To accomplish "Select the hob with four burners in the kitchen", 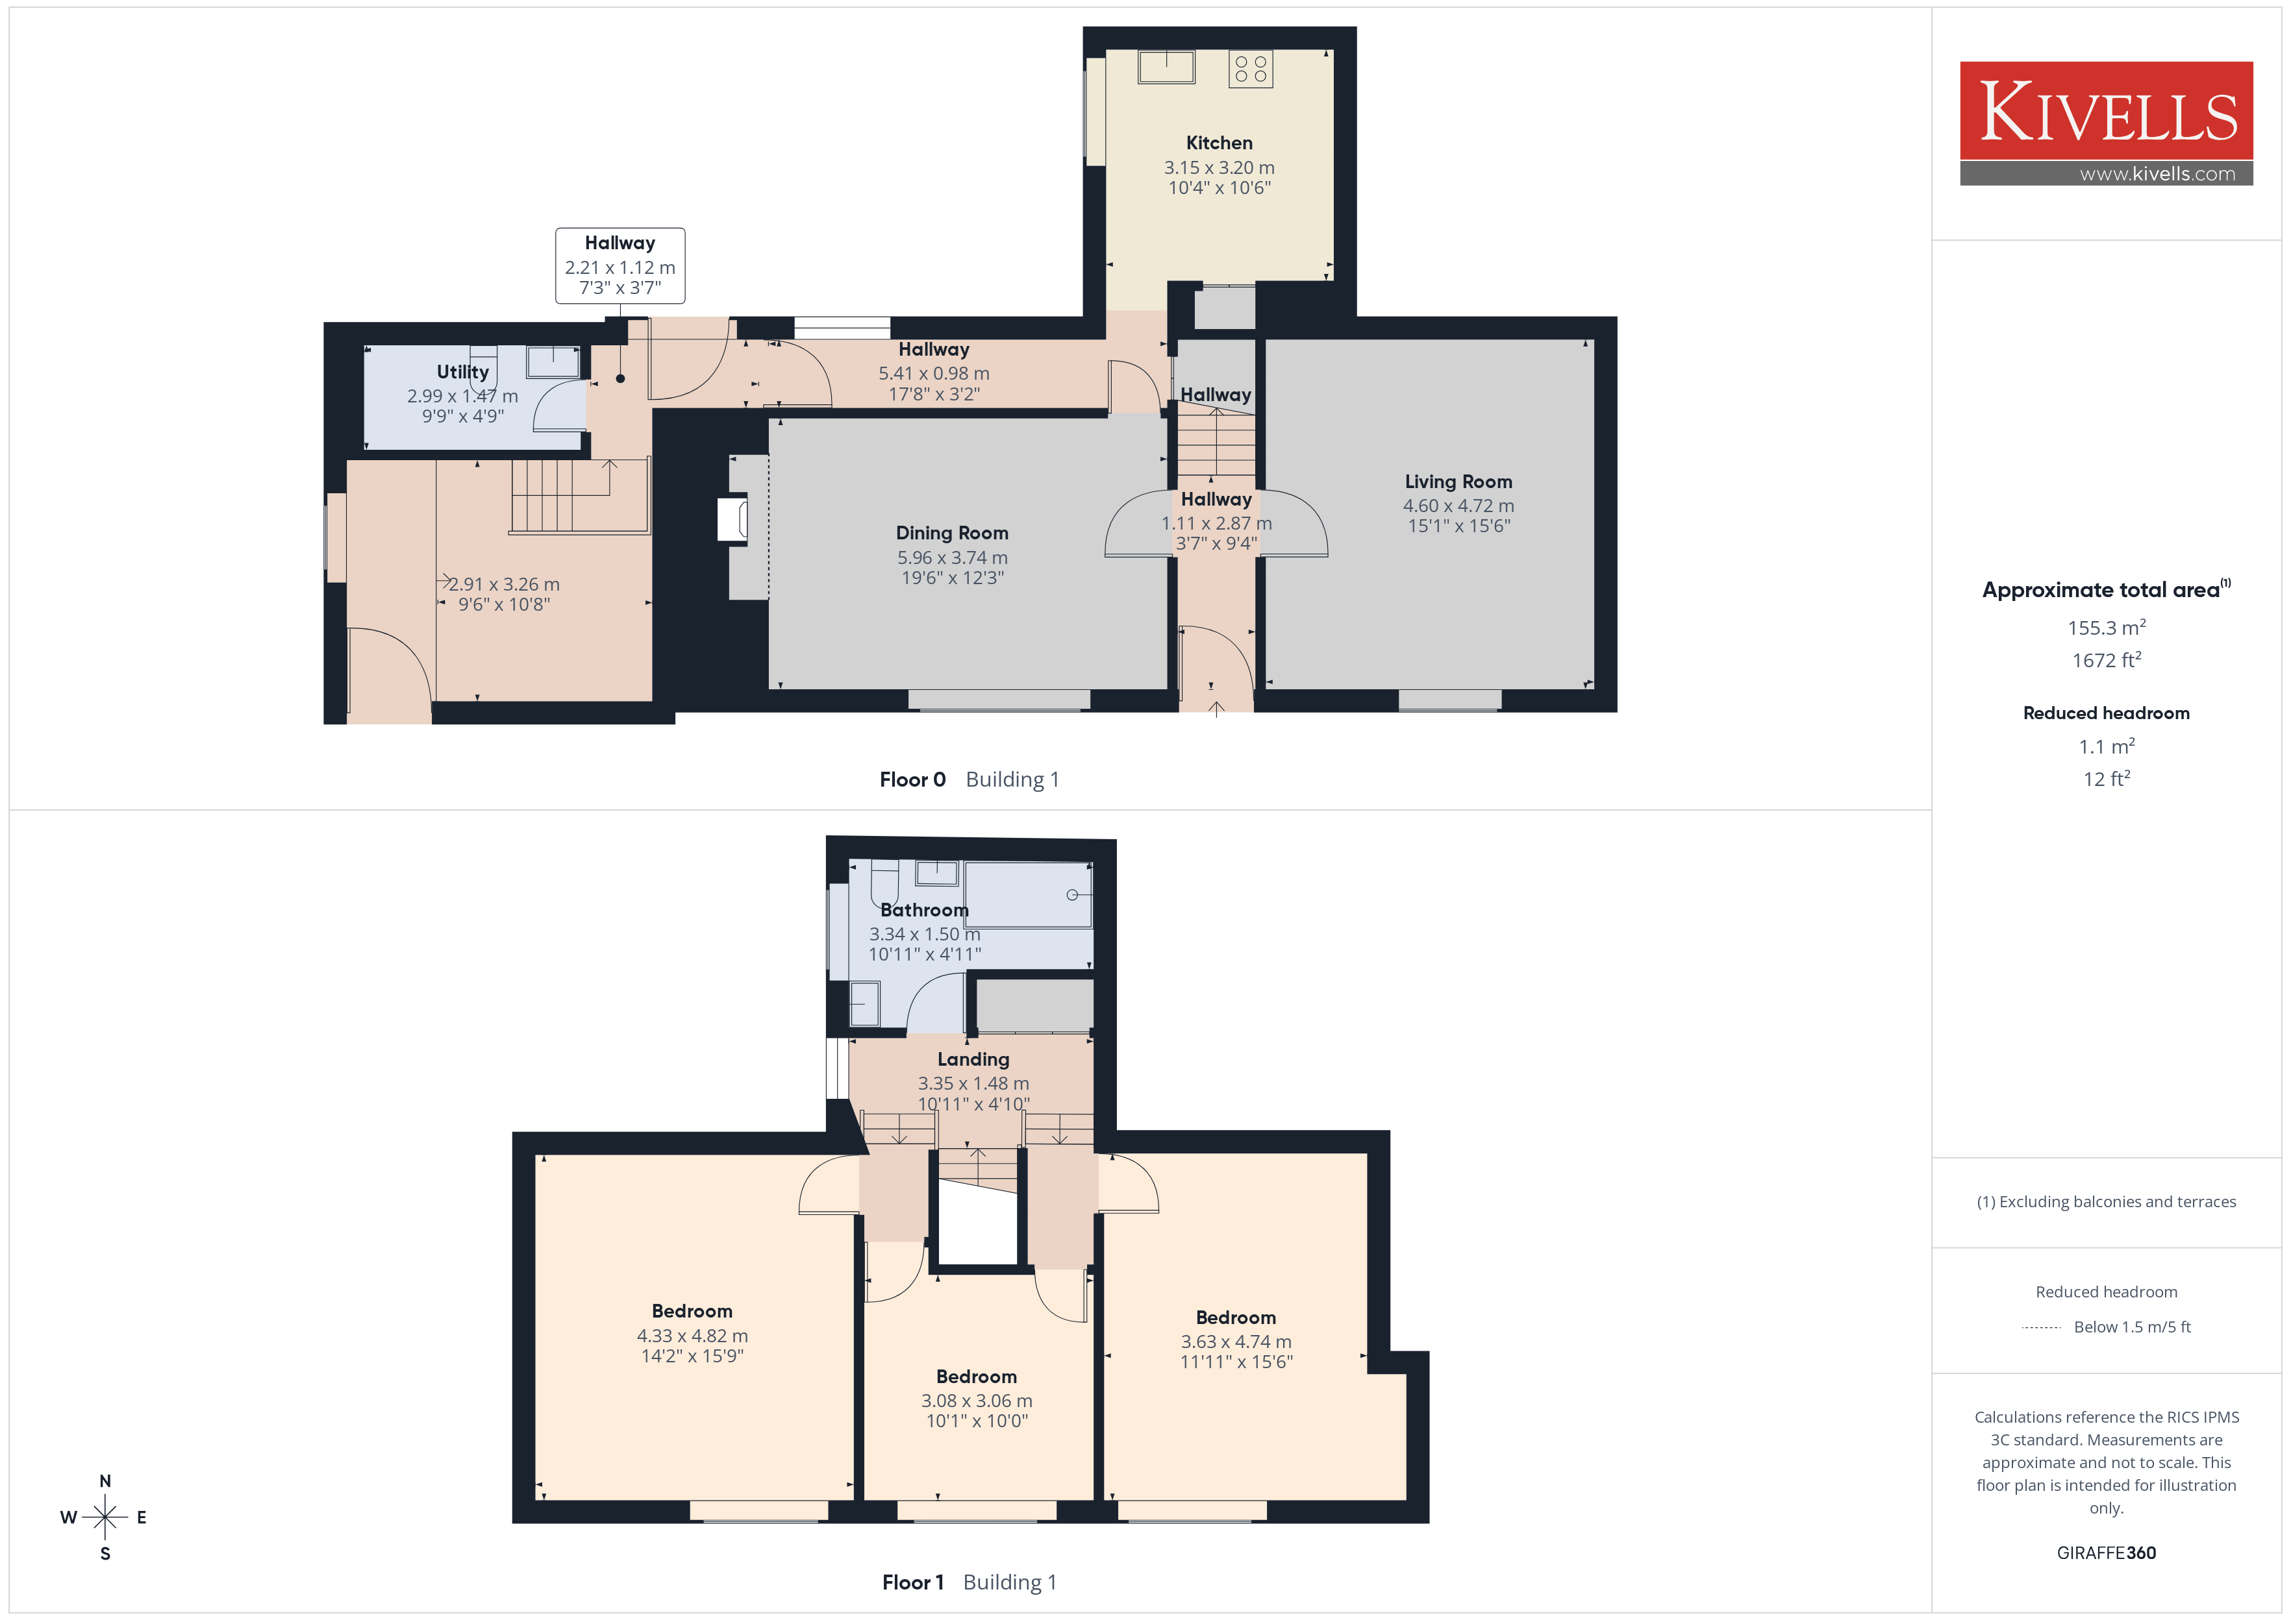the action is tap(1250, 69).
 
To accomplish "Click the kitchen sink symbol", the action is tap(1166, 67).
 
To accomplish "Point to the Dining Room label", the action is tap(952, 533).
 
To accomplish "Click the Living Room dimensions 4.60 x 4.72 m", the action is tap(1458, 506).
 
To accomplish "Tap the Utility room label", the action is tap(463, 372).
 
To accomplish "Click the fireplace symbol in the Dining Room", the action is tap(732, 521).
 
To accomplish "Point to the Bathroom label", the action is tap(924, 910).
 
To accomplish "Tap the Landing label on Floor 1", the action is tap(973, 1059).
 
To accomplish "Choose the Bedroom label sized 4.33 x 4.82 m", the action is tap(692, 1311).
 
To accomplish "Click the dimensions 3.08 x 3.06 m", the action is tap(976, 1401).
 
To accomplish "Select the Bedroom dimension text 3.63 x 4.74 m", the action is tap(1235, 1342).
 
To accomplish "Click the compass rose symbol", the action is tap(105, 1517).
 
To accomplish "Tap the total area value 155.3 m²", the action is tap(2105, 628).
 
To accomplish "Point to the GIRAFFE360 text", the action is tap(2105, 1553).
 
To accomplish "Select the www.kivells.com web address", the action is tap(2157, 173).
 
